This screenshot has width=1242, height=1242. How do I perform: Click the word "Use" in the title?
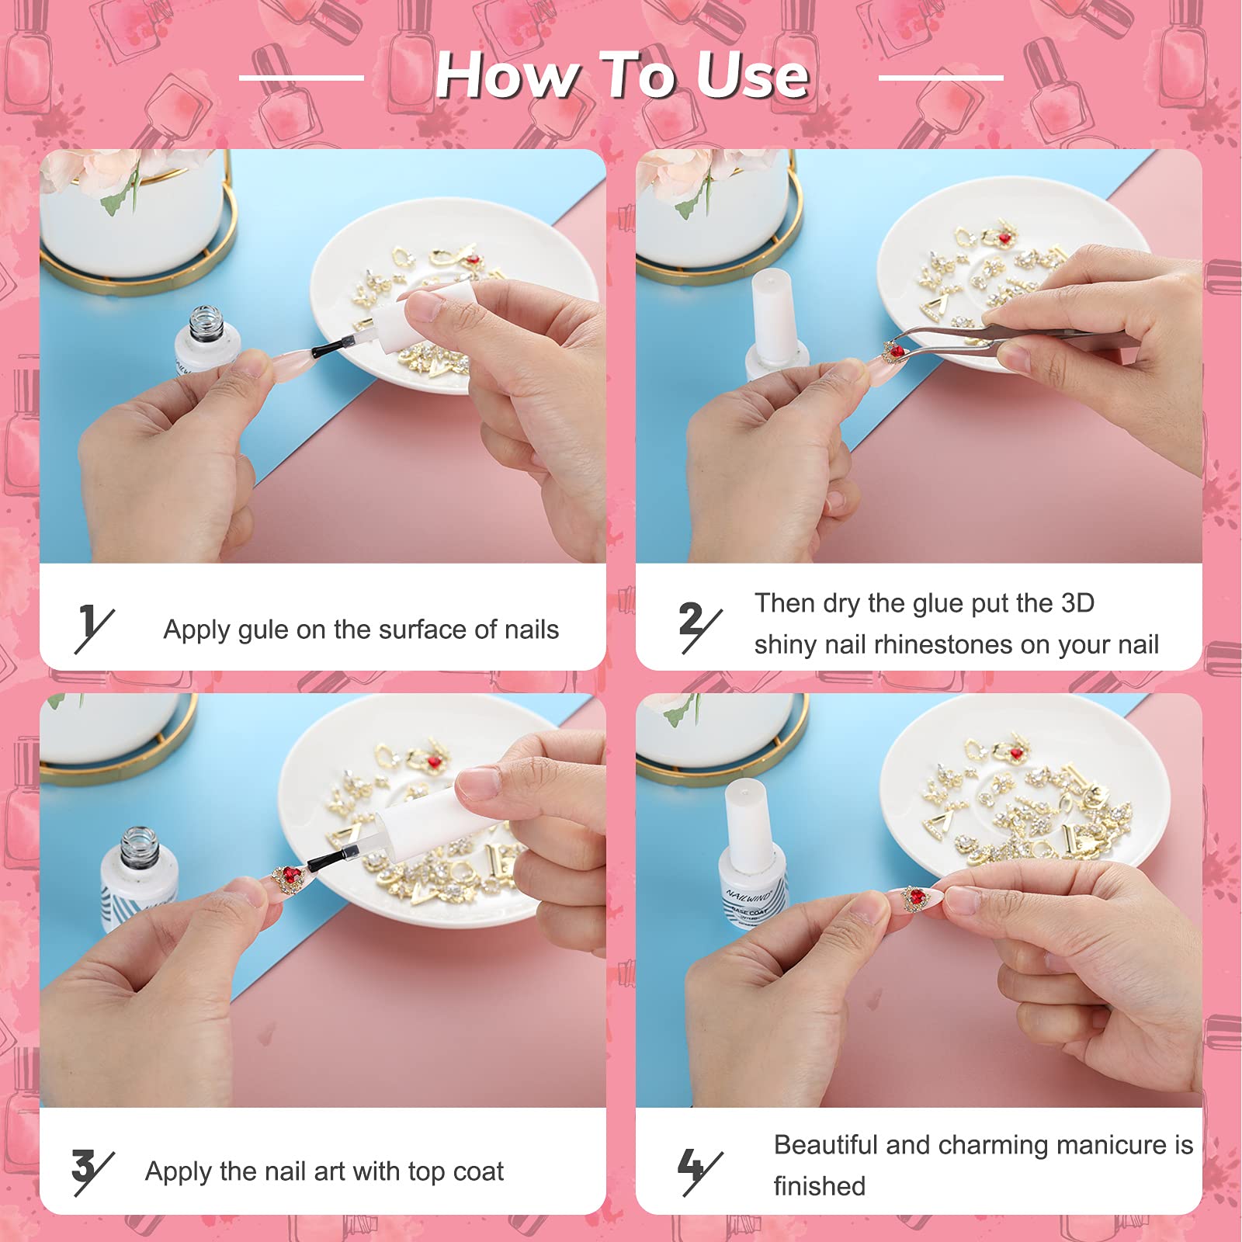click(x=752, y=75)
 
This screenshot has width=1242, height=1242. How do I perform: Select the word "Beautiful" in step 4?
click(x=825, y=1145)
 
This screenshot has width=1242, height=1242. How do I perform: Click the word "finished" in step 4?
click(x=819, y=1187)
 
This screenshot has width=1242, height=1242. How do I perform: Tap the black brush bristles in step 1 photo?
click(x=328, y=349)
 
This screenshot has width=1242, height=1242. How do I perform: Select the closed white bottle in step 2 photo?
click(x=774, y=324)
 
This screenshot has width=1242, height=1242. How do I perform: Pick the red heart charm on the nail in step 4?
click(x=916, y=897)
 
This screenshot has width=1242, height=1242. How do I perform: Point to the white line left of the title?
click(x=301, y=78)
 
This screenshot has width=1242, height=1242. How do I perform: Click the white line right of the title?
click(x=941, y=78)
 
